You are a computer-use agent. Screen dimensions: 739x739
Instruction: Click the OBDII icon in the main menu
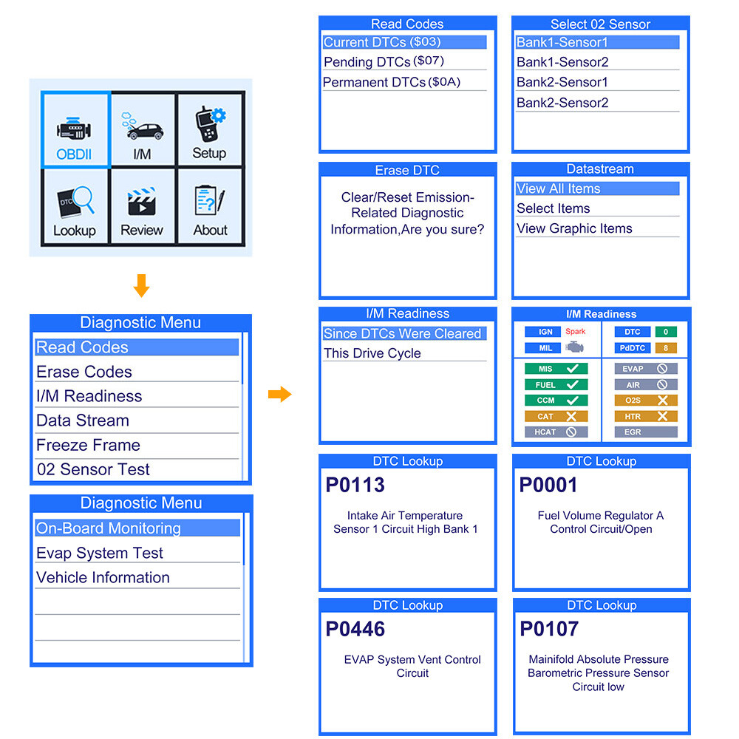75,131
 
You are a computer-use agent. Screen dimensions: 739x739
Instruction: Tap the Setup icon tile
210,131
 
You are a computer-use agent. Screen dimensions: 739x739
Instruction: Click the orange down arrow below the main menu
141,286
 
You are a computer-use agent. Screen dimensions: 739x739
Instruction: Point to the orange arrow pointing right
279,394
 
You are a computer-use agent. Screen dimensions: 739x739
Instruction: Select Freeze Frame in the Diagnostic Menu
88,445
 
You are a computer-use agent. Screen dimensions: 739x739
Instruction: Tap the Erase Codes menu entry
84,372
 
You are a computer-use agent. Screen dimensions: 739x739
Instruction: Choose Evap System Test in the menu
100,553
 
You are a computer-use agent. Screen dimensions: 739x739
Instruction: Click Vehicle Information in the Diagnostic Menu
103,577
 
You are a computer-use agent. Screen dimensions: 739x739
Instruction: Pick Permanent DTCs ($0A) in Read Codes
392,82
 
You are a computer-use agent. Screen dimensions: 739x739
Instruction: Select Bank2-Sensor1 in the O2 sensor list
562,82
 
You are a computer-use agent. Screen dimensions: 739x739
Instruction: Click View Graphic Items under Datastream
574,228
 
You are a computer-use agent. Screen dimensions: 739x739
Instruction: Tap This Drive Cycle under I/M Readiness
372,353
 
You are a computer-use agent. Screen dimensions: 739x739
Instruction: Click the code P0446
355,630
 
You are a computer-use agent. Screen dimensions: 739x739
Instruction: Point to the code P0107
549,630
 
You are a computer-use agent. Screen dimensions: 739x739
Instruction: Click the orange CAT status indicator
556,416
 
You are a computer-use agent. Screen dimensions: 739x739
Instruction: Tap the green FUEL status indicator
556,384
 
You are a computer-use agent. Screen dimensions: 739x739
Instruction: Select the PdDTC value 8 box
666,348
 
